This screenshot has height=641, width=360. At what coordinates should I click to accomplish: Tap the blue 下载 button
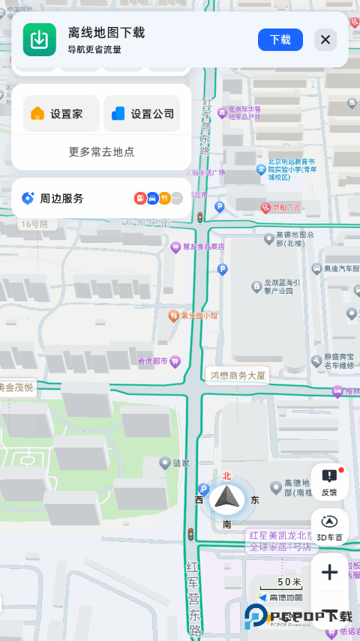(280, 40)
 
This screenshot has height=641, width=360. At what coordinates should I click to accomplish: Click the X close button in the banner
(325, 40)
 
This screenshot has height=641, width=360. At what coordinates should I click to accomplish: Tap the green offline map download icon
(39, 40)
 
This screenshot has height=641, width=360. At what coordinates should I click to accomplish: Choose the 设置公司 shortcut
(142, 114)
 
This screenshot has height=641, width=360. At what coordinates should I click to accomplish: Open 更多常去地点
(101, 151)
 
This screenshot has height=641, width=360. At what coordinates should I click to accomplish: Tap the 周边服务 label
(61, 199)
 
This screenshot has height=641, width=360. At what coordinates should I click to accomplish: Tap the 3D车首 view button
(329, 528)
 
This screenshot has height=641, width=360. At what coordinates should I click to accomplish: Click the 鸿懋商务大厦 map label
(237, 375)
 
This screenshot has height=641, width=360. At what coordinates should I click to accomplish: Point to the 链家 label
(181, 464)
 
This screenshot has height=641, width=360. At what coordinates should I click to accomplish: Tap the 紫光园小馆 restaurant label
(199, 316)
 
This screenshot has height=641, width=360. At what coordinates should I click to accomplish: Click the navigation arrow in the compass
(226, 498)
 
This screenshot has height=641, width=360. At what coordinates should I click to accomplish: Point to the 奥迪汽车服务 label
(341, 268)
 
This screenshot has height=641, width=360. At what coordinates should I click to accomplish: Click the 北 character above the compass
(226, 475)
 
